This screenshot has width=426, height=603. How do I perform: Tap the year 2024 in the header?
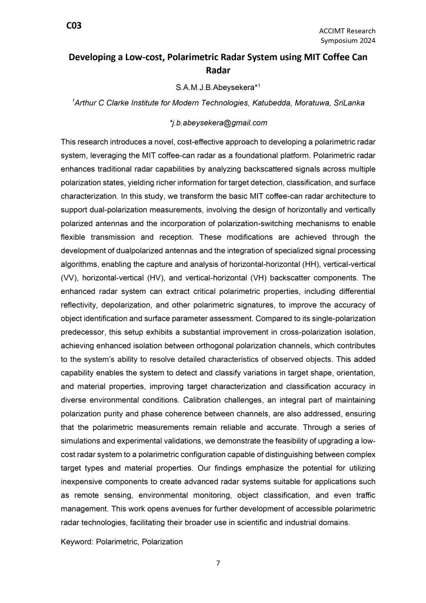(x=365, y=41)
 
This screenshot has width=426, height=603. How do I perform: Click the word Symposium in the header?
(x=338, y=41)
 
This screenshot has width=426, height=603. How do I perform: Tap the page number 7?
(x=218, y=562)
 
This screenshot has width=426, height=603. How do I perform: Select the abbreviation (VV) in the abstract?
(x=70, y=277)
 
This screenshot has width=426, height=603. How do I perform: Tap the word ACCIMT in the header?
(x=327, y=31)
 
